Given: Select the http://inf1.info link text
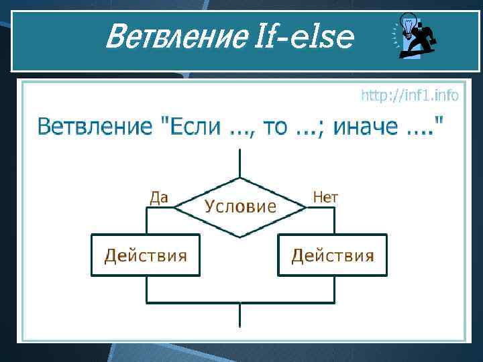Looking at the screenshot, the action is pyautogui.click(x=410, y=96).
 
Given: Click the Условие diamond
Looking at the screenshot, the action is pyautogui.click(x=239, y=206).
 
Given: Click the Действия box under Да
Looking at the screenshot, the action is pyautogui.click(x=145, y=255).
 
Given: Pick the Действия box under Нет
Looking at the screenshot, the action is pyautogui.click(x=333, y=255).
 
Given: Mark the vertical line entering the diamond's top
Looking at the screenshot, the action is pyautogui.click(x=239, y=164).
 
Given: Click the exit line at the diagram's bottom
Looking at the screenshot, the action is pyautogui.click(x=239, y=315).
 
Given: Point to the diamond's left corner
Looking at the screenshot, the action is pyautogui.click(x=175, y=207).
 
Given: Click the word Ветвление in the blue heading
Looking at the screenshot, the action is pyautogui.click(x=93, y=125).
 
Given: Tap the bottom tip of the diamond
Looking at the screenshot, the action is pyautogui.click(x=239, y=236).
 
